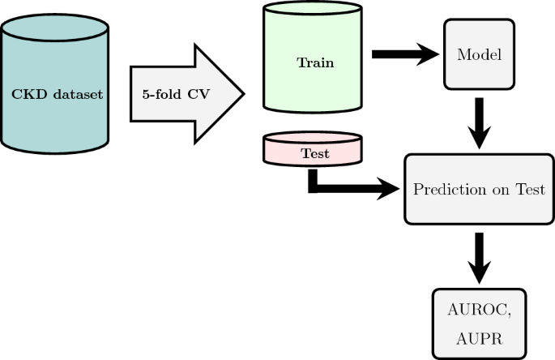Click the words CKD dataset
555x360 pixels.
pyautogui.click(x=57, y=95)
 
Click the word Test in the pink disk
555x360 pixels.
pyautogui.click(x=314, y=152)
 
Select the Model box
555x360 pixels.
pyautogui.click(x=479, y=54)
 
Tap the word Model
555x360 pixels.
pyautogui.click(x=479, y=54)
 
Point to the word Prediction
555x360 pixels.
pyautogui.click(x=449, y=191)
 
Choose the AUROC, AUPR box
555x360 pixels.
pyautogui.click(x=480, y=324)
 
